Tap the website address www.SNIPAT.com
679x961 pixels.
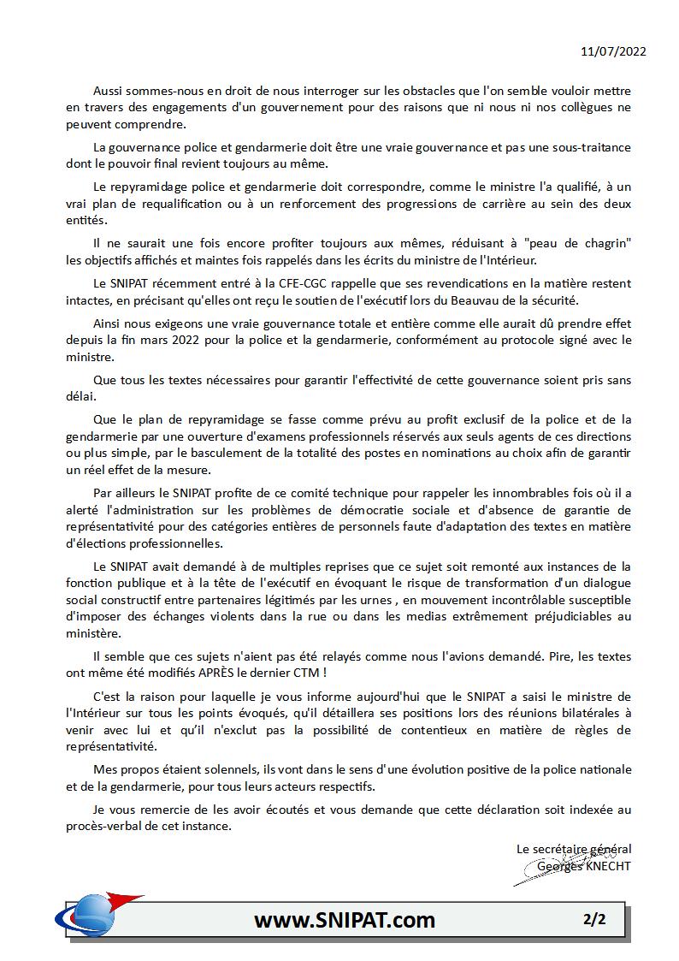pyautogui.click(x=344, y=921)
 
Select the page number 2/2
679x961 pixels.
pyautogui.click(x=594, y=920)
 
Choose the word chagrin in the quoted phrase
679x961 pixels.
pyautogui.click(x=606, y=245)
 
